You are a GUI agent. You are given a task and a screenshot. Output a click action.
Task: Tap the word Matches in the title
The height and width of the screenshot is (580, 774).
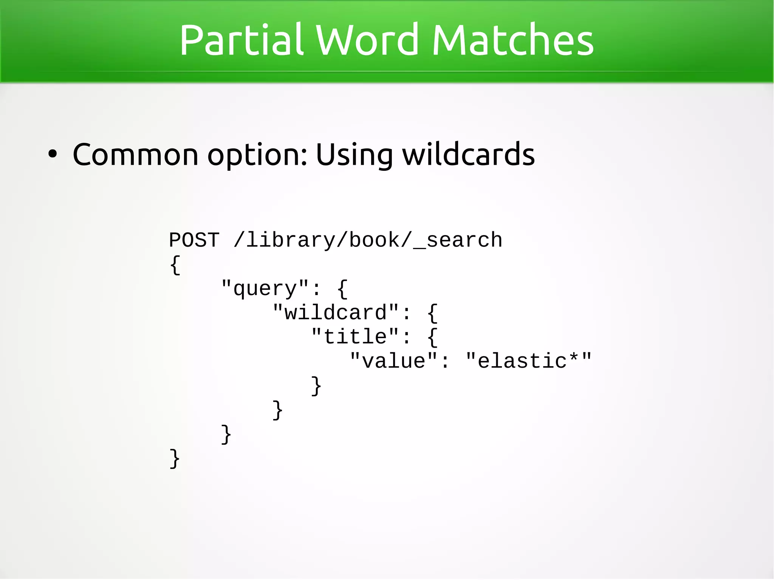pos(512,40)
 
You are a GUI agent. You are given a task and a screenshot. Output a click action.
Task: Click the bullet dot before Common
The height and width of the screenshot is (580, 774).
pos(53,155)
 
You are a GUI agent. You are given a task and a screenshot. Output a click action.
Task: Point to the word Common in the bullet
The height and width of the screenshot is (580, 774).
pos(135,155)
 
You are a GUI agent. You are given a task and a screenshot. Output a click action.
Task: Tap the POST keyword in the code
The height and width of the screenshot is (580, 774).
pos(194,240)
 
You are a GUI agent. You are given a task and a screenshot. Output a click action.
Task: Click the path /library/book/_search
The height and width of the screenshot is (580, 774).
pos(368,240)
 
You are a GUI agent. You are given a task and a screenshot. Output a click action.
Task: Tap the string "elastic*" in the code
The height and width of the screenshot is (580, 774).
pos(528,361)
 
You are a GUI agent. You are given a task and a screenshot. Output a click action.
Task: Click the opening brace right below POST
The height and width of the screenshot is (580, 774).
pos(175,265)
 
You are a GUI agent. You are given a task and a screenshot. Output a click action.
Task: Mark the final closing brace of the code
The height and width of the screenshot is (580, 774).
pos(175,459)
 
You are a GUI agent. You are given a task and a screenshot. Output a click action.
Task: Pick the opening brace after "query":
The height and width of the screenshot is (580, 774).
pos(342,289)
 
